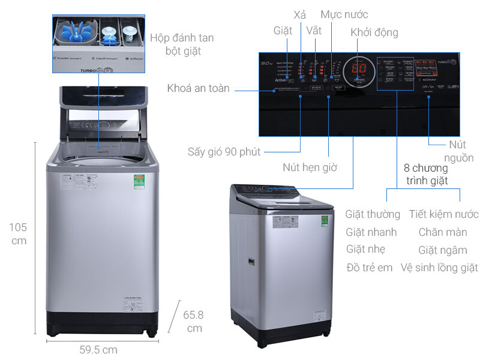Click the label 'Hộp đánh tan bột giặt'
pyautogui.click(x=182, y=44)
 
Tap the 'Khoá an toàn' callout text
pyautogui.click(x=198, y=88)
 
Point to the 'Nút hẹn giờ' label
pyautogui.click(x=310, y=167)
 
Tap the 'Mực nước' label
pyautogui.click(x=344, y=14)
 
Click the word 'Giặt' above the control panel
pyautogui.click(x=283, y=30)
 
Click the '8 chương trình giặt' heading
pyautogui.click(x=427, y=174)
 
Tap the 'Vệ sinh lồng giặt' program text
pyautogui.click(x=439, y=268)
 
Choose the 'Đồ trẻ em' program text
pyautogui.click(x=369, y=268)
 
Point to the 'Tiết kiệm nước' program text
pyautogui.click(x=443, y=214)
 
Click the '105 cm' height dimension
pyautogui.click(x=18, y=234)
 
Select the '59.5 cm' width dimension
pyautogui.click(x=98, y=349)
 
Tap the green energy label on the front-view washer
pyautogui.click(x=139, y=182)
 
